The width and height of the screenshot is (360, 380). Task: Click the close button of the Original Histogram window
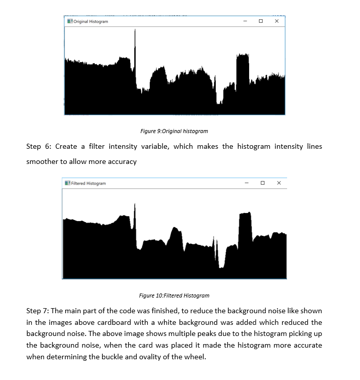(x=276, y=21)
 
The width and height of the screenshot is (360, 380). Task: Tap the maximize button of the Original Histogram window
(x=260, y=21)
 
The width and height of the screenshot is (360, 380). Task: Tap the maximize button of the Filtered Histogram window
(x=262, y=183)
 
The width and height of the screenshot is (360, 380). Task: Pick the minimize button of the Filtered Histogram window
(x=247, y=183)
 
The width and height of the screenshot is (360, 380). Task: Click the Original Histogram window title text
(x=91, y=22)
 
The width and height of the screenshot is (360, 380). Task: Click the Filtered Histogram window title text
(x=89, y=183)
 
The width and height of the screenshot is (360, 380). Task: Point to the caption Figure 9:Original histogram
(x=174, y=131)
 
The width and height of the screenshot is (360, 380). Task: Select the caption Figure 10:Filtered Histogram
(x=174, y=295)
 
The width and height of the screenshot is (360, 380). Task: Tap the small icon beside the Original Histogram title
(x=69, y=22)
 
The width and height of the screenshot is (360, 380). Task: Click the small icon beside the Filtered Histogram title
(x=67, y=183)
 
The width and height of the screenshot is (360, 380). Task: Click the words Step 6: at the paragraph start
(x=38, y=146)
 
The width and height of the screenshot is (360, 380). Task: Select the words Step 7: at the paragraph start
(x=38, y=310)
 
